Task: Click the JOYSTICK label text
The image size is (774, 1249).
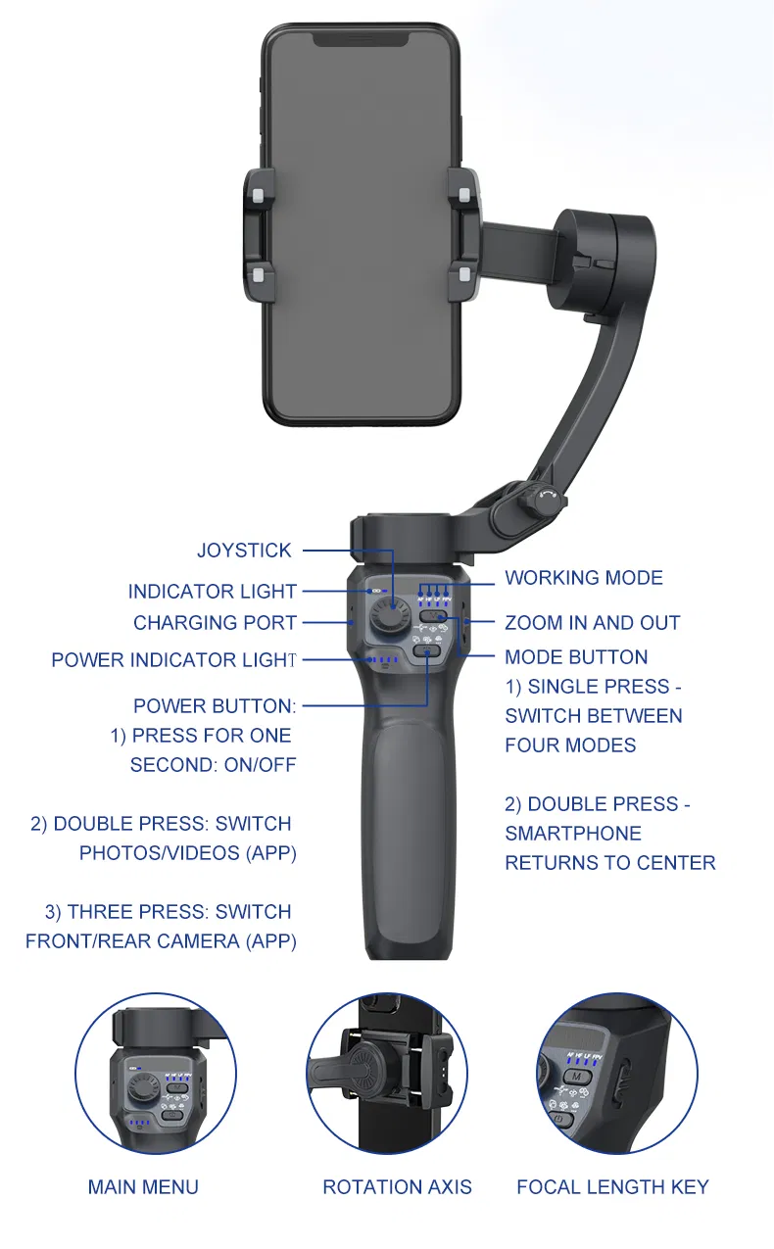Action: click(244, 551)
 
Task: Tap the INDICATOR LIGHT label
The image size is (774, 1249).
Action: click(212, 591)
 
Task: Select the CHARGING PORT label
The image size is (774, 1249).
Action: click(215, 622)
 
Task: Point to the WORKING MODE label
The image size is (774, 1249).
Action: click(584, 578)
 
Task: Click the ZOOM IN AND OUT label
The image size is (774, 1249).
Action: click(593, 622)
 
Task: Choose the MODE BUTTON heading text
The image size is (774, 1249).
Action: click(577, 657)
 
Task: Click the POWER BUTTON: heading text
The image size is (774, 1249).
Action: click(215, 706)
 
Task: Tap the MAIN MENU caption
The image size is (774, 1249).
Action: click(143, 1186)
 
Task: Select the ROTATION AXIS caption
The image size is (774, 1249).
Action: click(397, 1186)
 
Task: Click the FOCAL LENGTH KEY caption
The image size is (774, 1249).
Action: click(613, 1186)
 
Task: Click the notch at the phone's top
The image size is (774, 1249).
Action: click(361, 39)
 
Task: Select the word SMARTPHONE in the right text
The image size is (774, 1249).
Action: click(573, 833)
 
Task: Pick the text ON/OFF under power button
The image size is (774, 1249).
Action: click(260, 764)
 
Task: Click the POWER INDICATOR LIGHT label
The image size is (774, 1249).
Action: click(173, 659)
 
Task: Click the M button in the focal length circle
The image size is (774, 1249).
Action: click(577, 1077)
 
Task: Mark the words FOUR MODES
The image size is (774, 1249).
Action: click(570, 745)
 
